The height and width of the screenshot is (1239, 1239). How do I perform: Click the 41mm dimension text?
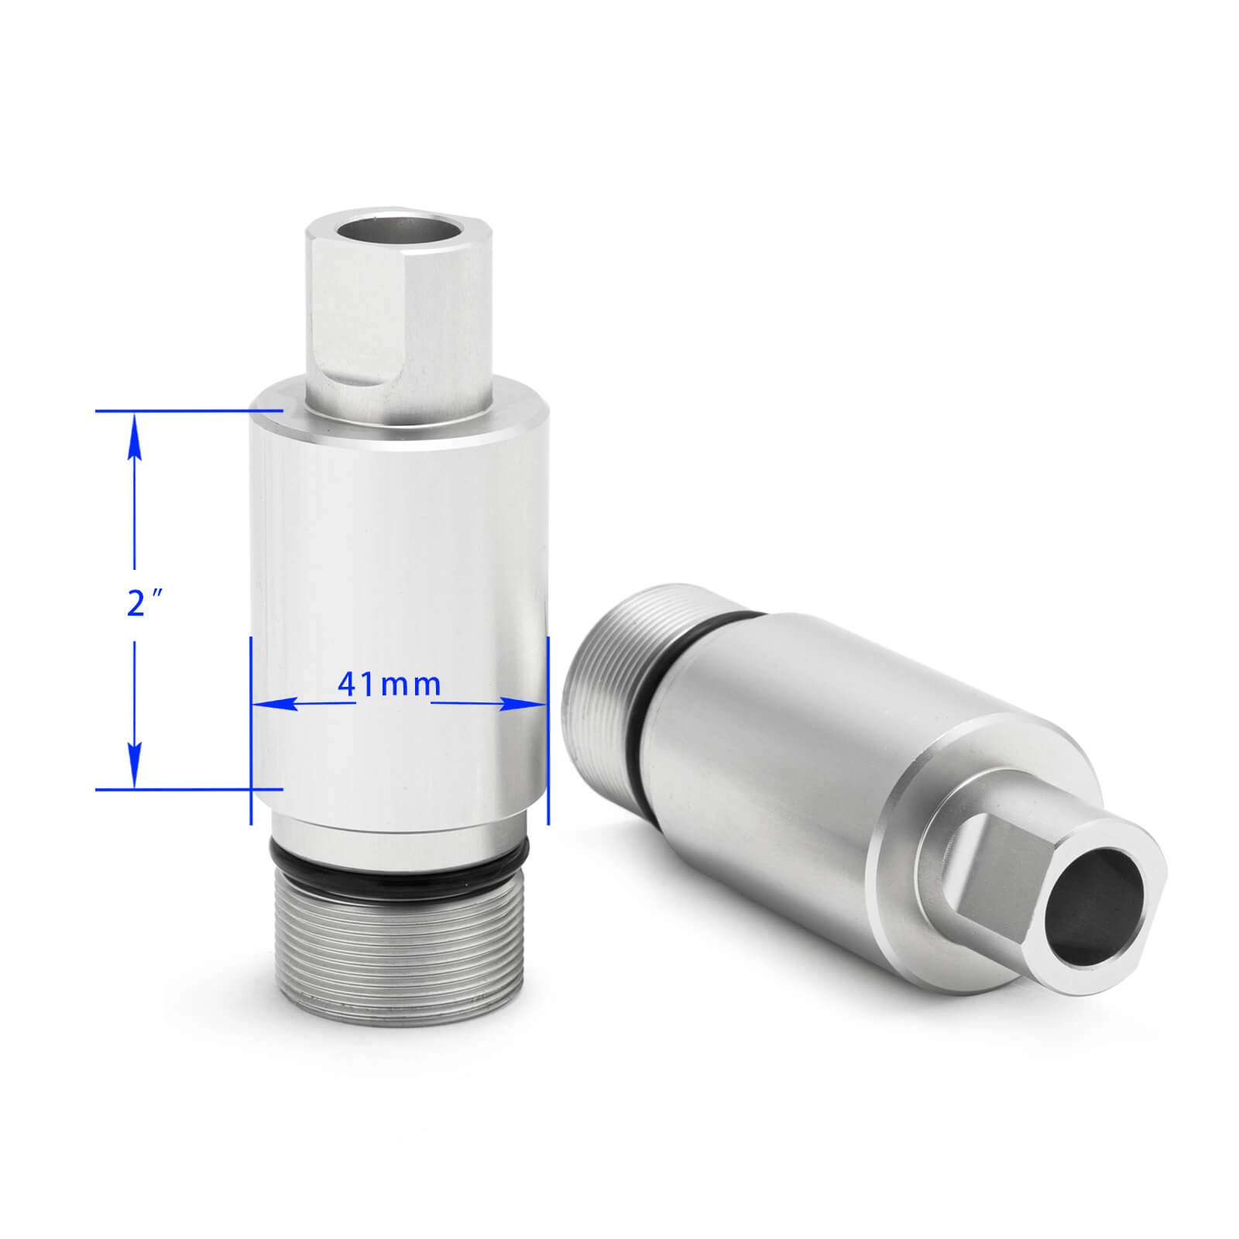[389, 684]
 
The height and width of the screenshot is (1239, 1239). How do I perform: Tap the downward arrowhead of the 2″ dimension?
[134, 767]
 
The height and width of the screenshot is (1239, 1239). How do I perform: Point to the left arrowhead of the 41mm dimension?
[275, 703]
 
